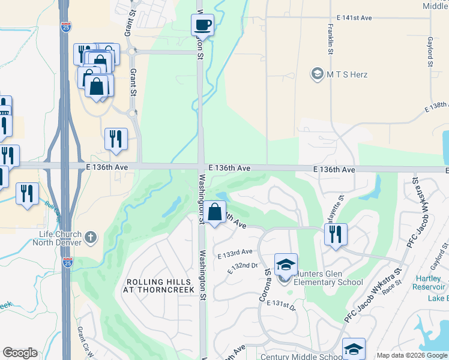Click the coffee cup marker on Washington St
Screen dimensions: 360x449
click(202, 25)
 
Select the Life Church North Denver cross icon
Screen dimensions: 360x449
click(91, 237)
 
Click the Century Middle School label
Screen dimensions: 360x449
click(300, 356)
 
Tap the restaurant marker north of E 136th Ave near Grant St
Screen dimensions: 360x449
click(115, 139)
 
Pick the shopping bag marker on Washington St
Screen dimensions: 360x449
click(214, 212)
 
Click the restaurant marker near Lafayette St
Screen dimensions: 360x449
click(336, 234)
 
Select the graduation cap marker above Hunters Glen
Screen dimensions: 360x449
click(286, 264)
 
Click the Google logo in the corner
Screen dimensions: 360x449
click(20, 353)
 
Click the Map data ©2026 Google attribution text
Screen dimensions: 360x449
click(412, 355)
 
